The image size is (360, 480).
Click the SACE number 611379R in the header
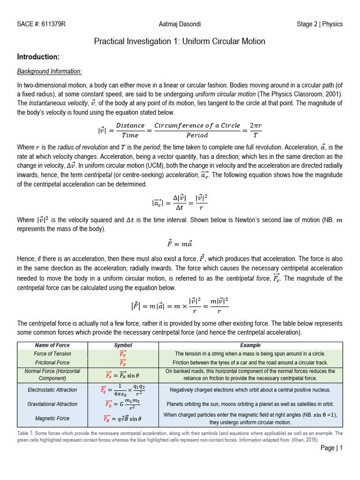[41, 24]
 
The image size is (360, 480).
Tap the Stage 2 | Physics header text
[320, 24]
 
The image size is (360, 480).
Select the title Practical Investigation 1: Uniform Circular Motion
[180, 41]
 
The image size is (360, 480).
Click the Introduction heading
[38, 57]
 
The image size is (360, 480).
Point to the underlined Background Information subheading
[49, 72]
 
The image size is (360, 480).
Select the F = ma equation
[180, 244]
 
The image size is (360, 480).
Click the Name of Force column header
[52, 345]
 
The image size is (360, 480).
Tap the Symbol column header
[123, 345]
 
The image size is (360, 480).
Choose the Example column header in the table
[250, 345]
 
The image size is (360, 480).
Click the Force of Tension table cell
[52, 354]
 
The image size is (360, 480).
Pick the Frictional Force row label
[52, 362]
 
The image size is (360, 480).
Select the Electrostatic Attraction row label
[52, 390]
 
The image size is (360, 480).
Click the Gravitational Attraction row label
[52, 404]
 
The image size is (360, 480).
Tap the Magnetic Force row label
[52, 418]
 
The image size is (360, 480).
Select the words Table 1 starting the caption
[26, 434]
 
